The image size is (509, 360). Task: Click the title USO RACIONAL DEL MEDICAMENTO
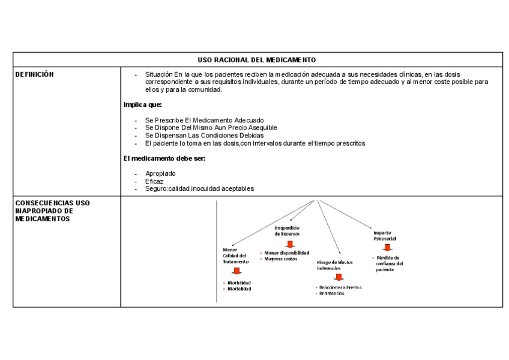click(x=256, y=60)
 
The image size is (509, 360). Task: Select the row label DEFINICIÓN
click(x=34, y=74)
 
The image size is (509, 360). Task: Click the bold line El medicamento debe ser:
click(x=164, y=158)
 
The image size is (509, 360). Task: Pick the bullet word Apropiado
click(x=160, y=173)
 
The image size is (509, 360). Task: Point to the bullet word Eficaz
click(x=154, y=181)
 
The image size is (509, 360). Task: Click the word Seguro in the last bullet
click(x=156, y=189)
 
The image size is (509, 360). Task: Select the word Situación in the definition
click(x=159, y=74)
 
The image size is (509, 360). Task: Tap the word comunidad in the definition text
click(x=205, y=90)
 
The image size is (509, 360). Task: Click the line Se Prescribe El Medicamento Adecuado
click(x=204, y=121)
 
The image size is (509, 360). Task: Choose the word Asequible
click(x=261, y=128)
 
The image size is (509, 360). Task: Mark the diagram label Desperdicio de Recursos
click(x=287, y=230)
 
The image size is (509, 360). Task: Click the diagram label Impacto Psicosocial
click(x=385, y=235)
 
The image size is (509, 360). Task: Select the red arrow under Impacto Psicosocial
click(x=388, y=247)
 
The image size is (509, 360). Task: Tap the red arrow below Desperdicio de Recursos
click(x=291, y=244)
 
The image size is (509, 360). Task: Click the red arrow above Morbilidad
click(x=236, y=271)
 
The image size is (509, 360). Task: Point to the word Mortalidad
click(x=239, y=289)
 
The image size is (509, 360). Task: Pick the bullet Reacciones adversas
click(x=340, y=287)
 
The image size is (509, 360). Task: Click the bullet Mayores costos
click(x=280, y=259)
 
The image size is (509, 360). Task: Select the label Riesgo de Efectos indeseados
click(x=334, y=265)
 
